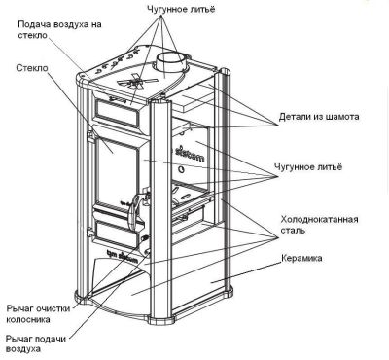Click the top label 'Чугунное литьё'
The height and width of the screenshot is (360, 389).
[180, 9]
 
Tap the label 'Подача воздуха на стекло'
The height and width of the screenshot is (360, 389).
[59, 29]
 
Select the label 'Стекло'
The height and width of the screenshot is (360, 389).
[32, 68]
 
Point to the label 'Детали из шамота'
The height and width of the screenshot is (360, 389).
[319, 116]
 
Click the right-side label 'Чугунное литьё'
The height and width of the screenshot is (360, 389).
[308, 167]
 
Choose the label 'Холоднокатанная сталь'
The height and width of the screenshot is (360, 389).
[319, 225]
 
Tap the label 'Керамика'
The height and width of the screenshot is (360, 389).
[301, 258]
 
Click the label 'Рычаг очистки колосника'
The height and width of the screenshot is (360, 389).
[38, 313]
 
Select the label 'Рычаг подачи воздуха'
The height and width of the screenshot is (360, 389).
[36, 343]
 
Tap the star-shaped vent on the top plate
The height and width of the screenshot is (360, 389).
[134, 81]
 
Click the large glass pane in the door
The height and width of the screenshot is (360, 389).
[115, 172]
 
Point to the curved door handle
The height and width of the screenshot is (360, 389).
[135, 211]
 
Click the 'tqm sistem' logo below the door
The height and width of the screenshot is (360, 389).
[122, 255]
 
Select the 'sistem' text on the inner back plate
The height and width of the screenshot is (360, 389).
[191, 154]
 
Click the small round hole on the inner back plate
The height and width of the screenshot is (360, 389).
[182, 169]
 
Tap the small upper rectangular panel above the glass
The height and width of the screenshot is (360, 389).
[116, 114]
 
